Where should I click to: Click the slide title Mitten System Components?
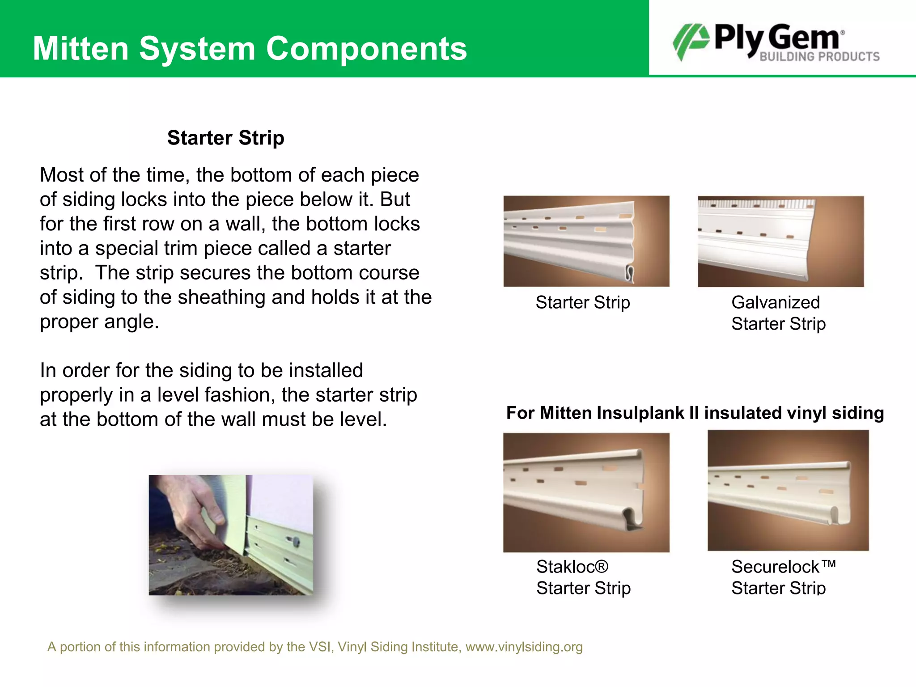250,48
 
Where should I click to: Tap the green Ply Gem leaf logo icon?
691,41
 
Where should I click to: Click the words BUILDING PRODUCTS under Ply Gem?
819,57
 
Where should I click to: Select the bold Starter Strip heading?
225,138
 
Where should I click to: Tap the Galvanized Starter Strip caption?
778,313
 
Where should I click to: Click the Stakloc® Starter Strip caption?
583,577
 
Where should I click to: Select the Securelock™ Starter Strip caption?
783,577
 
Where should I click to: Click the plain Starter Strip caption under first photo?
583,303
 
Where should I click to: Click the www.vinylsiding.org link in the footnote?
524,647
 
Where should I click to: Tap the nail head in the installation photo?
296,542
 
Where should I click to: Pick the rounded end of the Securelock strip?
833,514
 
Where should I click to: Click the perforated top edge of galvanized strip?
756,204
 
